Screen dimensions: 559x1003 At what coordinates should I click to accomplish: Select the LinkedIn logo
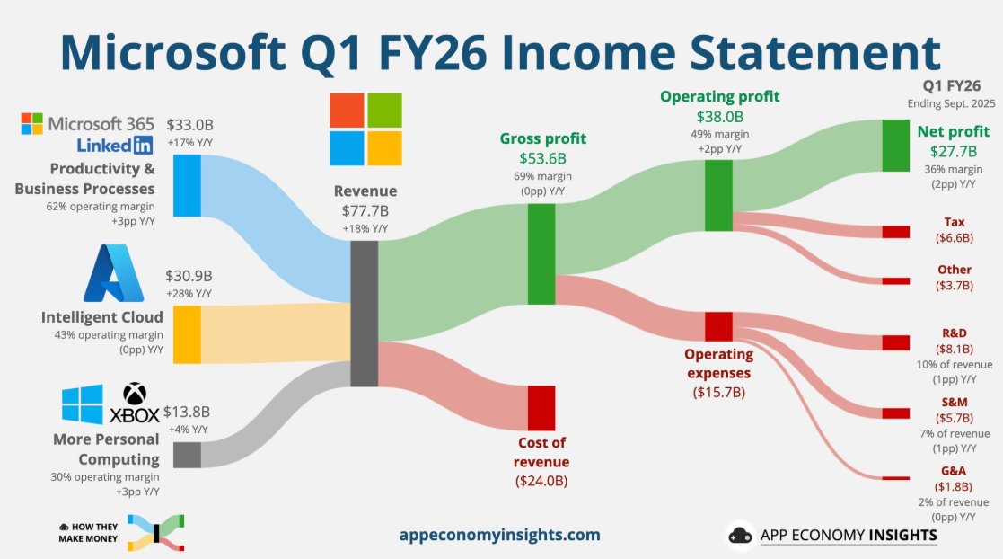pos(115,145)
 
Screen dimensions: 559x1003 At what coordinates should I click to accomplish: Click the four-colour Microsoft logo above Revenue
pos(365,129)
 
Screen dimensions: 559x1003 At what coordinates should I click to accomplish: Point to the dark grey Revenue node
pos(364,315)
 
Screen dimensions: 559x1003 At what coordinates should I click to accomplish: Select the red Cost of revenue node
pos(541,407)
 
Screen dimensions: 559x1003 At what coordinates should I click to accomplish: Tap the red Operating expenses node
pos(718,325)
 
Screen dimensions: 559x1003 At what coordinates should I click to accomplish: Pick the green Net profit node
pos(895,145)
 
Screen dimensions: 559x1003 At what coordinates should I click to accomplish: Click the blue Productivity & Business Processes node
pos(187,185)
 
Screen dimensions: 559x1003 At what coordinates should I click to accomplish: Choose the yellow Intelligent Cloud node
pos(187,334)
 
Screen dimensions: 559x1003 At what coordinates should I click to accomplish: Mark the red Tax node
pos(895,232)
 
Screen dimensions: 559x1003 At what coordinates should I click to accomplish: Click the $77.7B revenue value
pos(365,210)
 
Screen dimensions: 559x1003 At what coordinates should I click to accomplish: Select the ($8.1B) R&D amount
pos(955,350)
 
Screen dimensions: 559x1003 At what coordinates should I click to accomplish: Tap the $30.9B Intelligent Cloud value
pos(188,275)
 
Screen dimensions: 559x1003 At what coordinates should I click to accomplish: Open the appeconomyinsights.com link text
pos(500,535)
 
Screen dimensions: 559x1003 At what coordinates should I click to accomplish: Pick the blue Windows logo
pos(83,405)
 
